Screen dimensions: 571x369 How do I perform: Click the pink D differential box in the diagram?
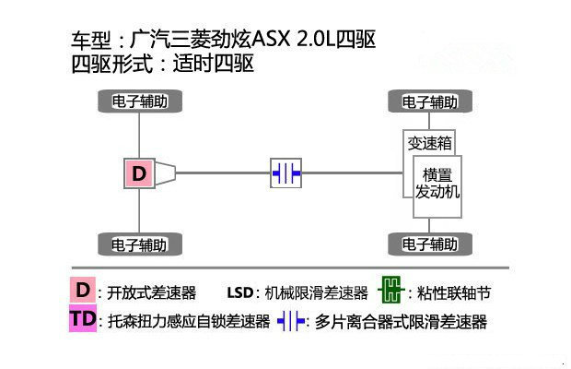pyautogui.click(x=139, y=173)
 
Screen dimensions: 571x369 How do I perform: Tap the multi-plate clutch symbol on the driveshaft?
pyautogui.click(x=285, y=173)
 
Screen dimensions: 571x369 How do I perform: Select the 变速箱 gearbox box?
pyautogui.click(x=429, y=143)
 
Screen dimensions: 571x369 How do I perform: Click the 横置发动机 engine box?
pyautogui.click(x=437, y=186)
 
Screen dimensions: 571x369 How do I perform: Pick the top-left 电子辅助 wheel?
pyautogui.click(x=140, y=101)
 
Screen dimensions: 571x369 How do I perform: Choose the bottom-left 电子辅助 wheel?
pyautogui.click(x=140, y=244)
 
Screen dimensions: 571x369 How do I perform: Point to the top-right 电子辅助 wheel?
pyautogui.click(x=430, y=101)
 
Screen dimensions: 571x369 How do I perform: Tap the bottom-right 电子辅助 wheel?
pyautogui.click(x=430, y=244)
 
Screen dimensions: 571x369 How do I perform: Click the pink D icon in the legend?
pyautogui.click(x=83, y=290)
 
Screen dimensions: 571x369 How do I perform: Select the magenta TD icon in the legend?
pyautogui.click(x=83, y=318)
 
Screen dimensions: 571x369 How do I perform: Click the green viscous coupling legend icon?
pyautogui.click(x=391, y=290)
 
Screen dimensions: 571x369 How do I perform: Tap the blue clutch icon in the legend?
pyautogui.click(x=291, y=321)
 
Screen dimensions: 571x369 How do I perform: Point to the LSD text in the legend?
pyautogui.click(x=240, y=292)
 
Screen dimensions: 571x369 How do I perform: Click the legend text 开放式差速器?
pyautogui.click(x=151, y=292)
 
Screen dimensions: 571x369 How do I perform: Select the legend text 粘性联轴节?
pyautogui.click(x=454, y=292)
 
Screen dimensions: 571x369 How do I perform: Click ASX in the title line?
pyautogui.click(x=271, y=39)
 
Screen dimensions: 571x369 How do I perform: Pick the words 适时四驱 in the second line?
pyautogui.click(x=214, y=64)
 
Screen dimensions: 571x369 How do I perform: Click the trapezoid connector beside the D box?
pyautogui.click(x=166, y=173)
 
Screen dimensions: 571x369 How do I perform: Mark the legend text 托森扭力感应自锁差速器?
pyautogui.click(x=189, y=322)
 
